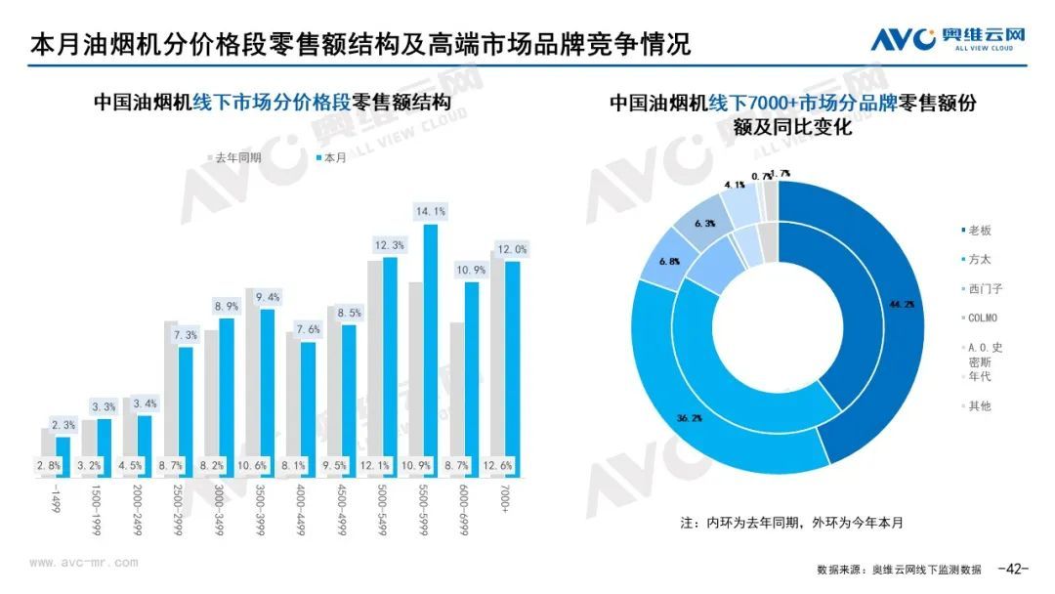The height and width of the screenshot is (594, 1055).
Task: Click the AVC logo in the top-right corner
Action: pos(949,40)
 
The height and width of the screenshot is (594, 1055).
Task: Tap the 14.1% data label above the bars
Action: pos(431,211)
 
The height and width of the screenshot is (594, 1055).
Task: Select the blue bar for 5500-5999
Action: pos(431,351)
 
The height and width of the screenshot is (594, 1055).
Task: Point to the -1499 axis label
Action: pos(56,499)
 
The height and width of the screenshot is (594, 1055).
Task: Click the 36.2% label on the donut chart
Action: pos(688,417)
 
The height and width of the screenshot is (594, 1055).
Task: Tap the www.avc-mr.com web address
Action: pos(84,563)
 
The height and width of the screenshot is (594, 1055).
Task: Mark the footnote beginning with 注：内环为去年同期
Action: pos(791,523)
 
